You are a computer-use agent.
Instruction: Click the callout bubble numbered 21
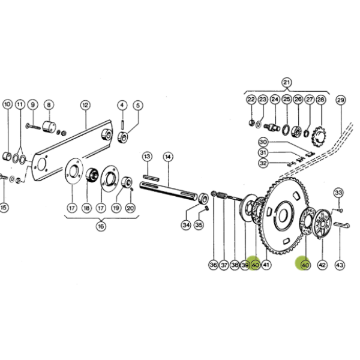coord(286,83)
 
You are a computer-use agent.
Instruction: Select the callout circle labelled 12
coord(85,105)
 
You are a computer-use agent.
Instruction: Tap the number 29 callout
coord(341,100)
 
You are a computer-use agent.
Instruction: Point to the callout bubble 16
coord(101,227)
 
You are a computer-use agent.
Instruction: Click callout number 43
coord(340,265)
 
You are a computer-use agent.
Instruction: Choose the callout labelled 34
coord(186,225)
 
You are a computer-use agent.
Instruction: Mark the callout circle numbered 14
coord(168,157)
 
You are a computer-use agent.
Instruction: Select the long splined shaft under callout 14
coord(168,191)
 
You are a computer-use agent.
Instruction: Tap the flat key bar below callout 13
coord(151,177)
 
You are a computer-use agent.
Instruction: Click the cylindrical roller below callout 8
coord(49,127)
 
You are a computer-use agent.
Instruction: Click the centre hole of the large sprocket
coord(283,215)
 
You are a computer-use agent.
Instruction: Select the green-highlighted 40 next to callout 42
coord(305,265)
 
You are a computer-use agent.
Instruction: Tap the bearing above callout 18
coord(92,175)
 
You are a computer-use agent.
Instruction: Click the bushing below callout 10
coord(7,157)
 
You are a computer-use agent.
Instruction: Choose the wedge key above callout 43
coord(342,225)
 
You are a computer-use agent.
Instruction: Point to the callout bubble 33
coord(338,193)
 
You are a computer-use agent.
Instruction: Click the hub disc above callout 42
coord(322,224)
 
